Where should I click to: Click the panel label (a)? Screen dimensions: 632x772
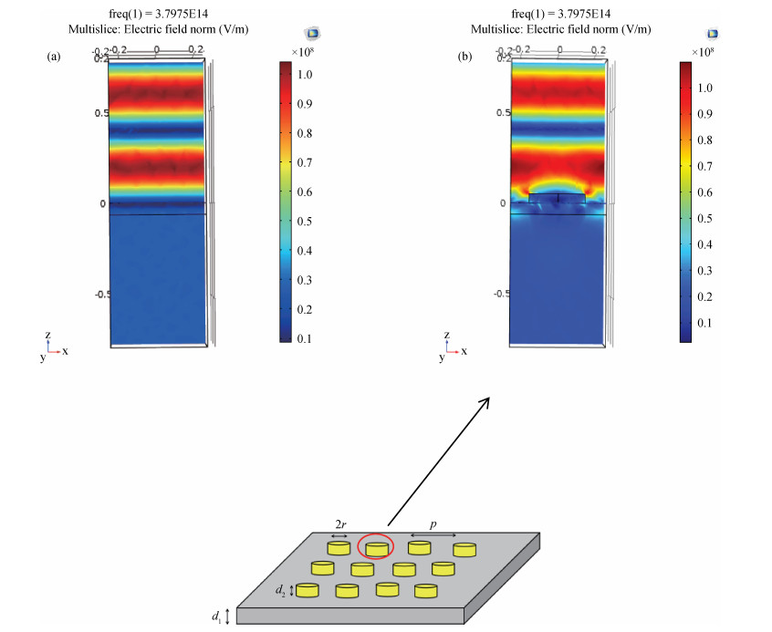click(x=54, y=57)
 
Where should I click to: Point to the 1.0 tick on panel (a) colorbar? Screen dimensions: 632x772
click(x=304, y=75)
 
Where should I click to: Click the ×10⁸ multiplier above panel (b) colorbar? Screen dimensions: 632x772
click(x=703, y=52)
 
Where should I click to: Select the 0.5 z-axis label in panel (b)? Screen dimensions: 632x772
click(x=502, y=113)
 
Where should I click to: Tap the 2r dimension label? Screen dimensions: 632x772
click(x=339, y=524)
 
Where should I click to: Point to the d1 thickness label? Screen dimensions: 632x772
click(x=216, y=617)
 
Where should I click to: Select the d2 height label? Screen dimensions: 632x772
click(x=281, y=591)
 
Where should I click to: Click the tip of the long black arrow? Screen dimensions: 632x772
click(x=489, y=398)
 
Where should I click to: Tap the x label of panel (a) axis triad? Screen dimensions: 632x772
click(x=66, y=351)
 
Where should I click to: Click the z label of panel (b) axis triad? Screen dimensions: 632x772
click(x=446, y=336)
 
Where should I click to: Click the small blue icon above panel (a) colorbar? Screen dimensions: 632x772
click(x=312, y=34)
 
